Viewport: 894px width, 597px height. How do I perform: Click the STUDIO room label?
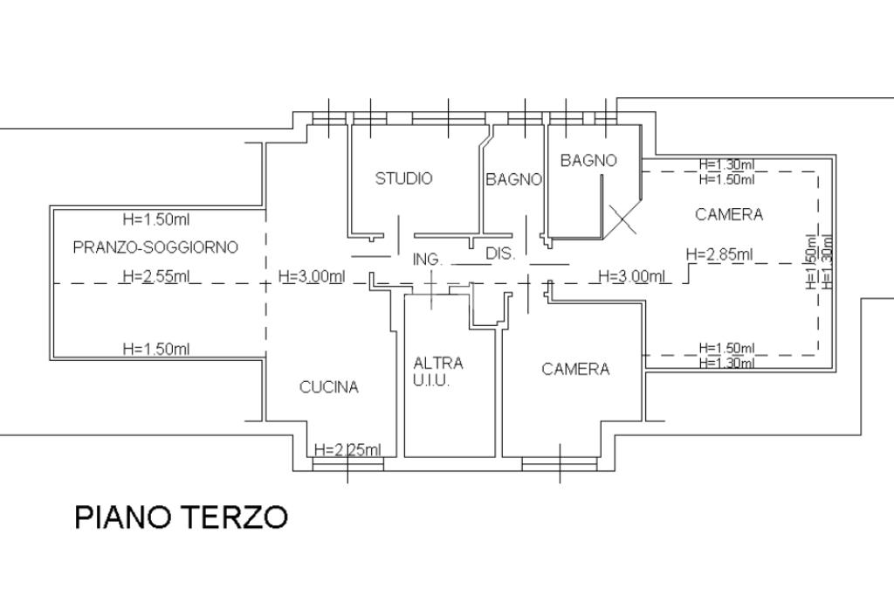[403, 178]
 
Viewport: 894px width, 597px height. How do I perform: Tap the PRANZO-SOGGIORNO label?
[155, 247]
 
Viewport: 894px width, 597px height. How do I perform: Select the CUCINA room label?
[329, 387]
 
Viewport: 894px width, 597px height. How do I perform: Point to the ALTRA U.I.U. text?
[438, 371]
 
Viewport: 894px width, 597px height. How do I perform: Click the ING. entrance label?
[427, 260]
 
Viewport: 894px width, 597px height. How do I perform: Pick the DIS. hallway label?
[501, 255]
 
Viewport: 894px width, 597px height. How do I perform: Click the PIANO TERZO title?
[181, 517]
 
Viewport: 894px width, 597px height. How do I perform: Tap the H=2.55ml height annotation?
[155, 277]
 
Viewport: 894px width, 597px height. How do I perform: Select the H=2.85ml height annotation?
[719, 254]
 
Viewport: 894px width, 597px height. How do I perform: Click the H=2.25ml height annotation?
[347, 450]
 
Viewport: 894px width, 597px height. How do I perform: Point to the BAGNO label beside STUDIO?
[513, 180]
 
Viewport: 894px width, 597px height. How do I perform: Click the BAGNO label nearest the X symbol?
[588, 160]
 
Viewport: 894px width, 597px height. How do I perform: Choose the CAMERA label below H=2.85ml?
[575, 369]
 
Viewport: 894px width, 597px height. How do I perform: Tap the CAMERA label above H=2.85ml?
[729, 214]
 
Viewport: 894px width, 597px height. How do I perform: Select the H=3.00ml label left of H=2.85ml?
[633, 276]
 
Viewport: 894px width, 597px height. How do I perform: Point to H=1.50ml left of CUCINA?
[155, 349]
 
